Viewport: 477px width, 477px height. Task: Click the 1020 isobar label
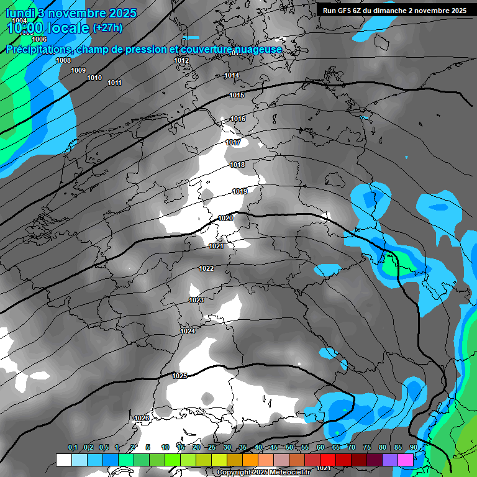coord(225,218)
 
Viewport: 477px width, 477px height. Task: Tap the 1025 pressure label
coord(179,376)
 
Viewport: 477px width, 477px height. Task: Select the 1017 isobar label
coord(233,142)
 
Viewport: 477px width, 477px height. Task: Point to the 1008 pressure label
coord(63,60)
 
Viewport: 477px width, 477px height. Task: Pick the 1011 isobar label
coord(114,83)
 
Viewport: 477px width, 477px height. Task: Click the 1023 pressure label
coord(196,300)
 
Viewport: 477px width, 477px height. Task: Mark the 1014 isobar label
coord(232,75)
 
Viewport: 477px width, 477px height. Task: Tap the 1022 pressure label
coord(206,268)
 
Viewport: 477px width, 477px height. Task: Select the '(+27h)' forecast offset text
coord(107,27)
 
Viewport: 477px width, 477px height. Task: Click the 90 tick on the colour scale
coord(413,447)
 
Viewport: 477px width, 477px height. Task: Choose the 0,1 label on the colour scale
coord(73,447)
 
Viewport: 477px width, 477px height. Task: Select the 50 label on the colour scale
coord(289,447)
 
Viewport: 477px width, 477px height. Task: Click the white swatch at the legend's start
coord(63,460)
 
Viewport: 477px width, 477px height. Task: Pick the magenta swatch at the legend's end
coord(406,460)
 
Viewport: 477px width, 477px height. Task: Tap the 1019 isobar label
coord(240,191)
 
